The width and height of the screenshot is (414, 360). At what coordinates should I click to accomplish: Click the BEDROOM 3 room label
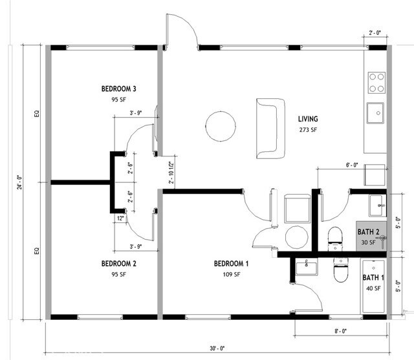[x=118, y=89]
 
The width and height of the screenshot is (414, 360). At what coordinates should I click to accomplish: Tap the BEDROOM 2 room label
[x=118, y=264]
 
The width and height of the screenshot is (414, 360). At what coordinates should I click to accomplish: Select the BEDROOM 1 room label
[x=232, y=264]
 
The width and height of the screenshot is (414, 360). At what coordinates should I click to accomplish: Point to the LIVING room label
[x=308, y=119]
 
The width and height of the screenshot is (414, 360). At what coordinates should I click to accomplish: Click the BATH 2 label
[x=372, y=231]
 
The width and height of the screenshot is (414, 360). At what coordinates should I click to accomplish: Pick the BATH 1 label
[x=373, y=278]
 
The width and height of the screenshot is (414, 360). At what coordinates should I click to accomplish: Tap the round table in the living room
[x=221, y=125]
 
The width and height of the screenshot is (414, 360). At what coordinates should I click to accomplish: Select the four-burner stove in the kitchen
[x=376, y=83]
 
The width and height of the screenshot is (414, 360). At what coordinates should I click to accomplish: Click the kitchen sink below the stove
[x=376, y=113]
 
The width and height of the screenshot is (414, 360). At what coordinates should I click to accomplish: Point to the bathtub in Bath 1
[x=372, y=287]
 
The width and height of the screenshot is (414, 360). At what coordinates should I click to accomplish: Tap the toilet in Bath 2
[x=335, y=239]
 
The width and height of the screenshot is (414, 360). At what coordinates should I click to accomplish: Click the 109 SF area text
[x=232, y=274]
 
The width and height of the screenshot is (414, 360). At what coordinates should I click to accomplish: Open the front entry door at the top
[x=181, y=31]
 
